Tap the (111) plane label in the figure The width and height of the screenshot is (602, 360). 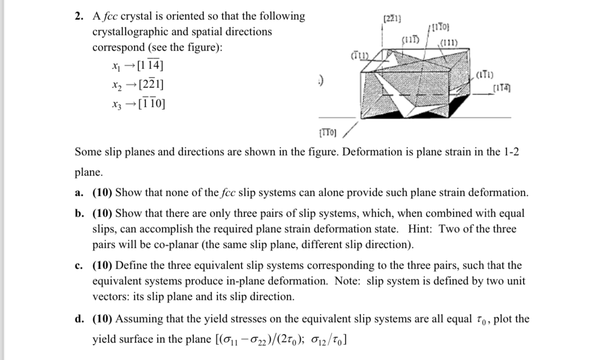pyautogui.click(x=447, y=44)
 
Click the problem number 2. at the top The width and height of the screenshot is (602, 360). pyautogui.click(x=79, y=17)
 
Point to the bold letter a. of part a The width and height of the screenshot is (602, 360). pyautogui.click(x=79, y=193)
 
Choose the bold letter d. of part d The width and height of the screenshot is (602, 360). pyautogui.click(x=79, y=319)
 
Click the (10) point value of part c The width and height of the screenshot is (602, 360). pyautogui.click(x=101, y=265)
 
